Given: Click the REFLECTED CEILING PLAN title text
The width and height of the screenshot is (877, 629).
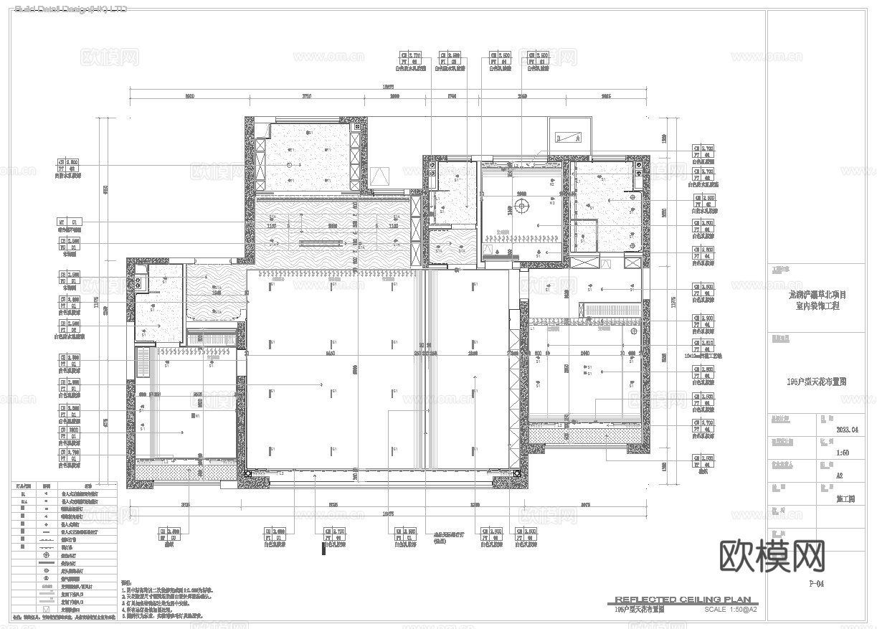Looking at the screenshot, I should point(682,600).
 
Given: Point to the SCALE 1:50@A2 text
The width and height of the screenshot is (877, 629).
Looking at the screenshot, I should point(731,610).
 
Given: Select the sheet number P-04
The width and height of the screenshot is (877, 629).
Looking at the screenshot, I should point(815,584).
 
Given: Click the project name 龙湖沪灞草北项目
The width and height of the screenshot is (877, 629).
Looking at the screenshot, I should point(817,295).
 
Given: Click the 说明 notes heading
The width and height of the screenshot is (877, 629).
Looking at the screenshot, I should point(126,583).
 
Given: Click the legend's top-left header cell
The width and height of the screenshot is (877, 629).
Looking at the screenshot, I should point(24,485).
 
